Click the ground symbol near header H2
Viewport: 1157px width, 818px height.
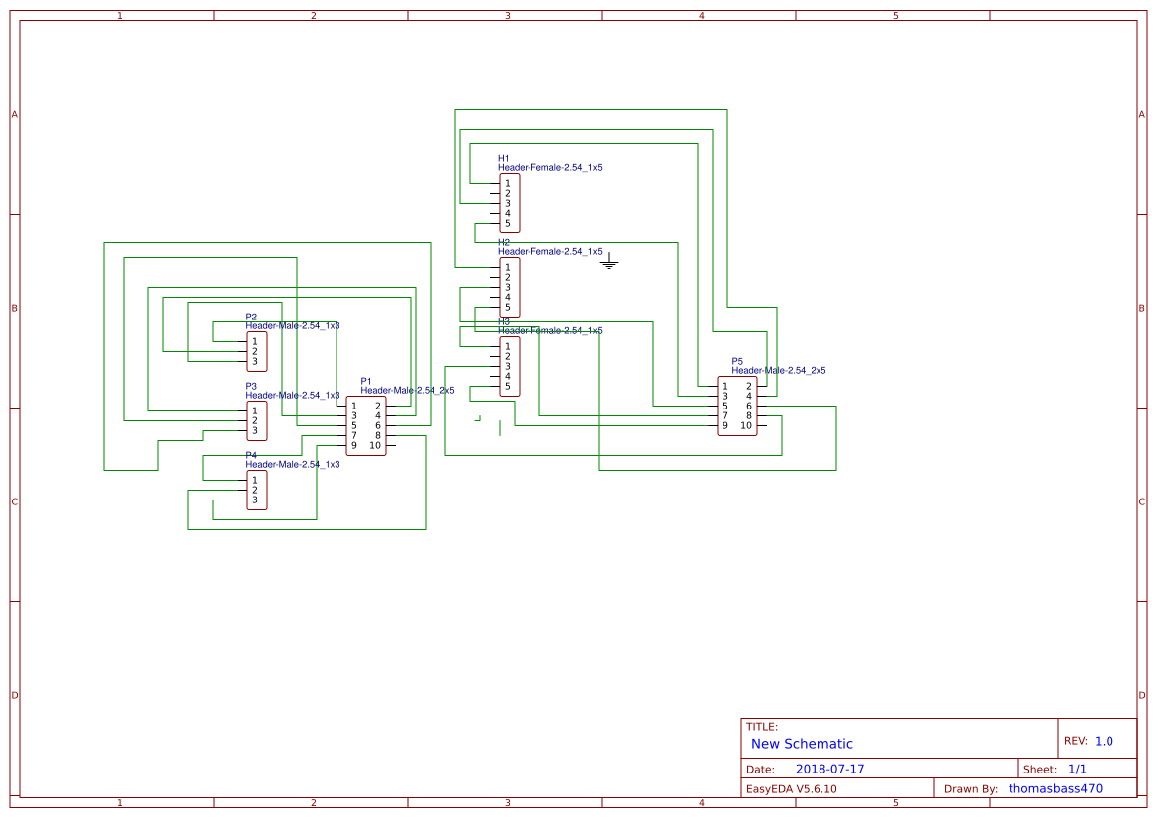point(609,262)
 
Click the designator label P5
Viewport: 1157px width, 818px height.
point(737,361)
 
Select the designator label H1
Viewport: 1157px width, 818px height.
point(504,158)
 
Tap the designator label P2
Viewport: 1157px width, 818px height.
point(251,317)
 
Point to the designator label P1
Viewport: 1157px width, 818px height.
point(366,381)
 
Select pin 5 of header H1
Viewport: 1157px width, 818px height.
point(508,223)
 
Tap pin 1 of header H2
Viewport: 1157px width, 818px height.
point(508,267)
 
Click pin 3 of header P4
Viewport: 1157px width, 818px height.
point(254,500)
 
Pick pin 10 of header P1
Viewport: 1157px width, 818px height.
point(375,445)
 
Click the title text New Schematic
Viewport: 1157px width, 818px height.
point(802,744)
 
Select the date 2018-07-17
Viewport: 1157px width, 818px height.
point(829,769)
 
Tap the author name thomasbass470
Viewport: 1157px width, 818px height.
point(1055,788)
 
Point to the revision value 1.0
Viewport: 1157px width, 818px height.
point(1104,741)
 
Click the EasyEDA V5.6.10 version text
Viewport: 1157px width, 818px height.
point(792,789)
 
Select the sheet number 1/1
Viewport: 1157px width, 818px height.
point(1077,769)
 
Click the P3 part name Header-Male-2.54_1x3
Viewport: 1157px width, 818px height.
point(293,395)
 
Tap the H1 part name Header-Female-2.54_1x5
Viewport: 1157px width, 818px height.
point(549,168)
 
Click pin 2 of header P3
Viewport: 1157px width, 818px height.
point(254,420)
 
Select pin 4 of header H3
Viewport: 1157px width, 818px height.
point(508,376)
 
